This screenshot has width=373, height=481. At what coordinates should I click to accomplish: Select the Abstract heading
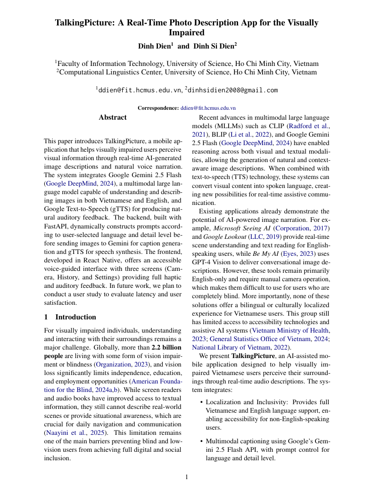[113, 117]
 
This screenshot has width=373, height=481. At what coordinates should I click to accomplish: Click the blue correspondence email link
[208, 108]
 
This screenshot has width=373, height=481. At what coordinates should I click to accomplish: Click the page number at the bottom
[186, 476]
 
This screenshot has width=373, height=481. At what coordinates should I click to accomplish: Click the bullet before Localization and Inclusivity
[201, 402]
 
